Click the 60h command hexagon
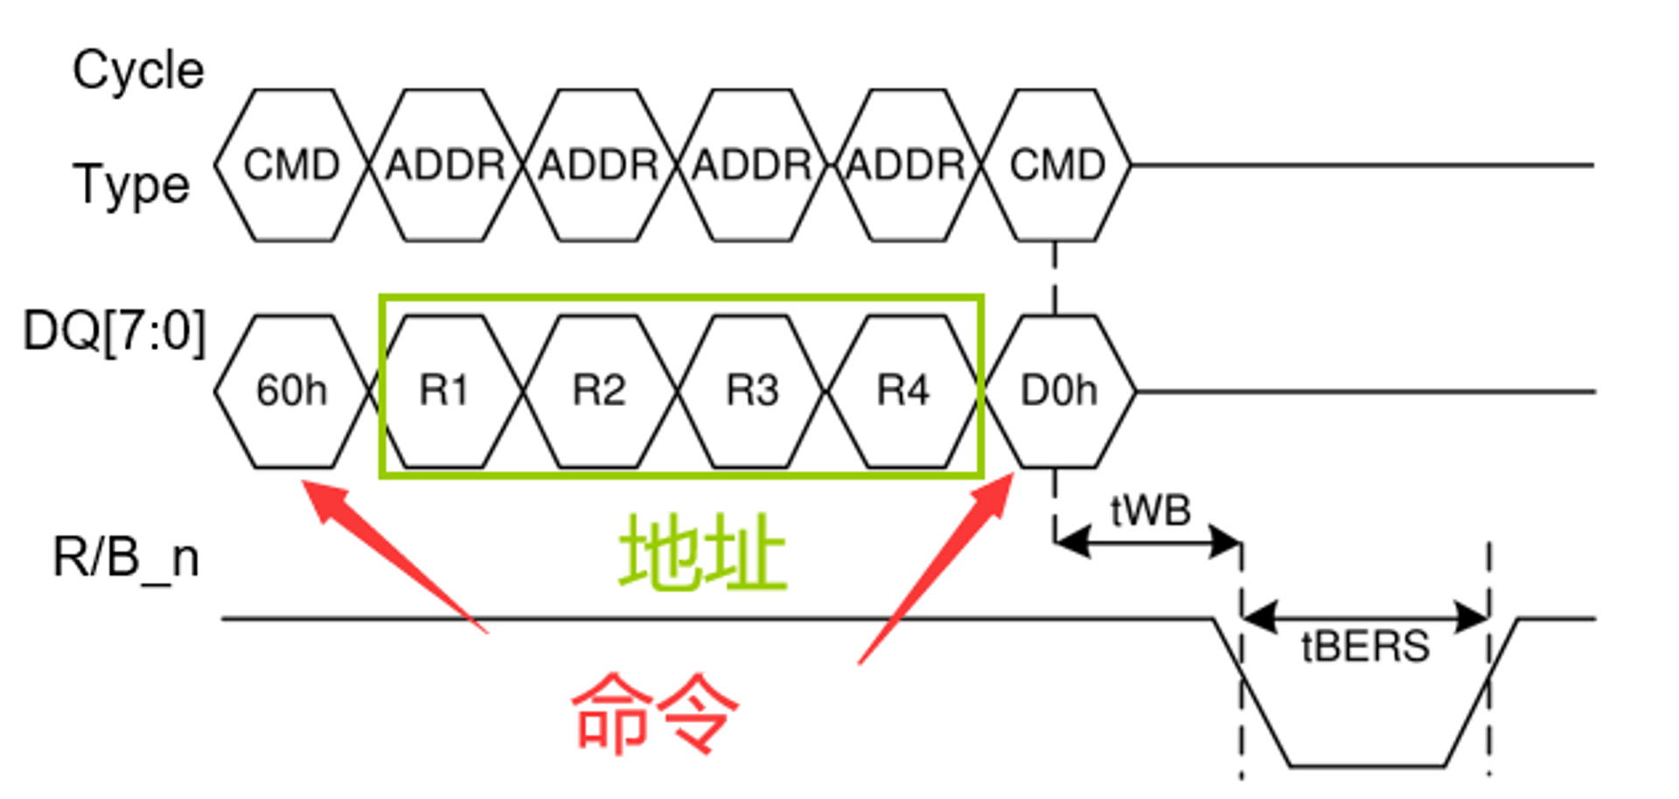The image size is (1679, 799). coord(291,391)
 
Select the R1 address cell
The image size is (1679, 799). coord(444,391)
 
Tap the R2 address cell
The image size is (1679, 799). coord(599,391)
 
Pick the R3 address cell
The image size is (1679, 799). coord(752,391)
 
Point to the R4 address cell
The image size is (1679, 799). coord(903,391)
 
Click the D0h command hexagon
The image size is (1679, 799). coord(1059,391)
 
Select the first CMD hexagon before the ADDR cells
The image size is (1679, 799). coord(291,165)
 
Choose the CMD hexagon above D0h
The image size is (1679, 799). coord(1057,165)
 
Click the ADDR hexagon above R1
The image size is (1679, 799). coord(445,165)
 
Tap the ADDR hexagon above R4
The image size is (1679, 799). coord(906,165)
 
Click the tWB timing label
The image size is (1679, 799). coord(1150,511)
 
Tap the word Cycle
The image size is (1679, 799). coord(138,70)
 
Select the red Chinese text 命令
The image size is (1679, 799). coord(655,713)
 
